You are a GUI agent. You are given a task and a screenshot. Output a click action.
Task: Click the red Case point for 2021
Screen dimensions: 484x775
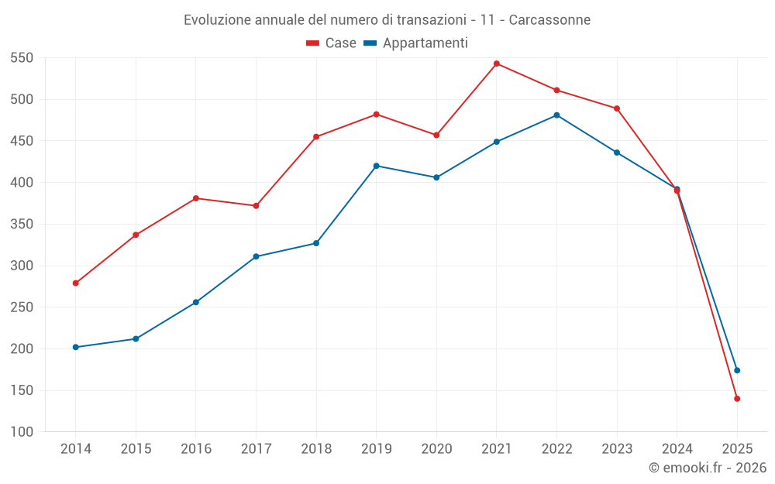click(497, 64)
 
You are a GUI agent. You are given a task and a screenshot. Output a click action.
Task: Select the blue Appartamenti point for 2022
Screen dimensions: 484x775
click(556, 115)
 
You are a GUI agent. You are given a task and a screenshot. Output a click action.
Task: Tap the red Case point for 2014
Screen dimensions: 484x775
click(76, 283)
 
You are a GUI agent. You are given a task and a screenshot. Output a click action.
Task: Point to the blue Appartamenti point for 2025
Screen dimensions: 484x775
click(737, 370)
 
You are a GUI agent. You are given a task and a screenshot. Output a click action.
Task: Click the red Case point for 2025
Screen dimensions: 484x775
click(737, 399)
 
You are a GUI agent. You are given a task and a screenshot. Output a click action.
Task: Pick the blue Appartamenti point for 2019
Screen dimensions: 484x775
click(377, 166)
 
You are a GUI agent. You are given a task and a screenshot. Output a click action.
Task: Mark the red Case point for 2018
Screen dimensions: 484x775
click(316, 137)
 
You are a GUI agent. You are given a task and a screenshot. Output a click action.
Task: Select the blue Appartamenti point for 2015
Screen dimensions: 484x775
click(136, 338)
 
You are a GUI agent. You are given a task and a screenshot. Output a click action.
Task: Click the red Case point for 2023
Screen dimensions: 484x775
click(617, 108)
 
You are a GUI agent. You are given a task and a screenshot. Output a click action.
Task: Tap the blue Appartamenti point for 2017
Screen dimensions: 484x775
click(256, 256)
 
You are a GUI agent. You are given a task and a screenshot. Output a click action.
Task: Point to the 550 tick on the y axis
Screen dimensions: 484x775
click(22, 58)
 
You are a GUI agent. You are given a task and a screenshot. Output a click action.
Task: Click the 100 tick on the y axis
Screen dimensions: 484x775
click(22, 432)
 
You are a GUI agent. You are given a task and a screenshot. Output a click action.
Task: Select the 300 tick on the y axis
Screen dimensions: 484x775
click(22, 266)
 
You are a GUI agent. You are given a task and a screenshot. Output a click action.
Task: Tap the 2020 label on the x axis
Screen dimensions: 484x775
click(436, 449)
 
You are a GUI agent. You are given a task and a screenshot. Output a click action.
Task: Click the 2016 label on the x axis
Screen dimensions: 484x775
click(196, 449)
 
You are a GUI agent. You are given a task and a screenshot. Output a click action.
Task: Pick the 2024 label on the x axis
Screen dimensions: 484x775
click(677, 449)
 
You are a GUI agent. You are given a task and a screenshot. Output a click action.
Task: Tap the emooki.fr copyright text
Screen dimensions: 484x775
click(708, 468)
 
